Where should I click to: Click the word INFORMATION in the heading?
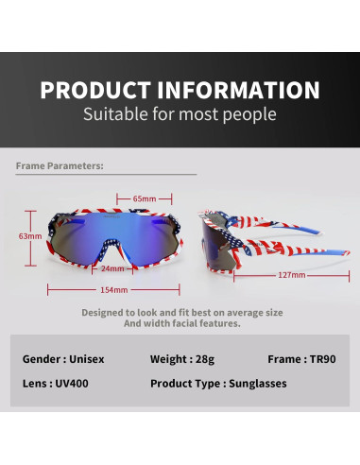coord(241,91)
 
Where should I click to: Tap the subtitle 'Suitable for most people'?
coord(180,115)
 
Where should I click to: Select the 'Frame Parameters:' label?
coord(60,165)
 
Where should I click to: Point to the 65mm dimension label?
coord(144,198)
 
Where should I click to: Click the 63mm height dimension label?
coord(30,235)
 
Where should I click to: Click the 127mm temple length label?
coord(291,275)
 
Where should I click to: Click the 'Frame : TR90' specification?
coord(298,359)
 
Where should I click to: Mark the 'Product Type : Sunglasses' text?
coord(218,384)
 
